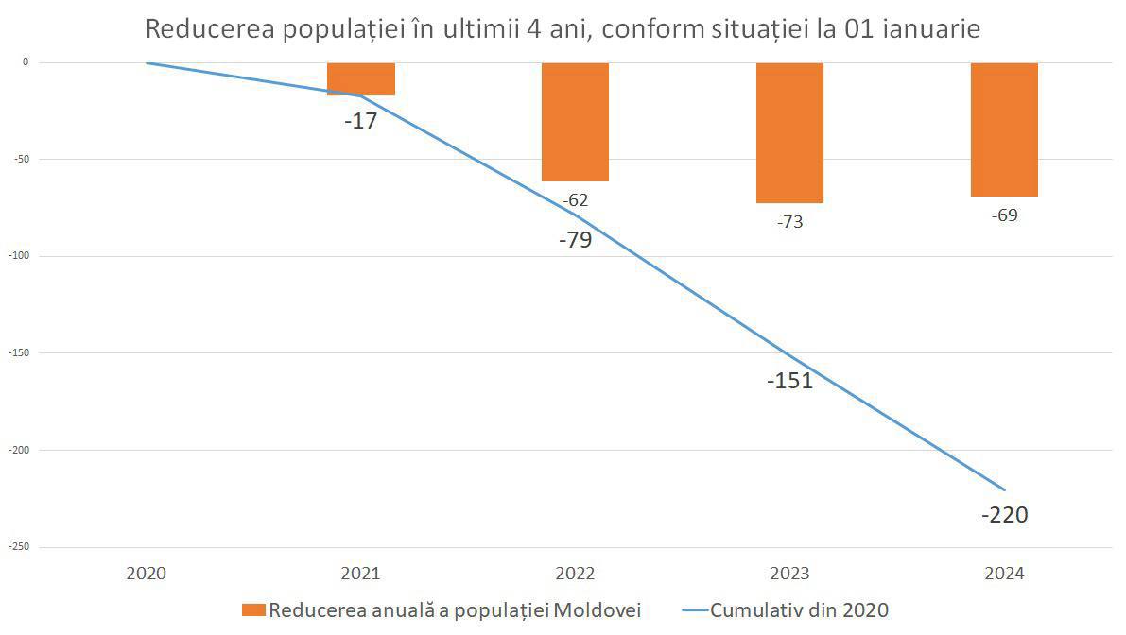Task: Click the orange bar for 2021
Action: click(x=361, y=79)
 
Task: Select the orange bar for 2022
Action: click(x=575, y=122)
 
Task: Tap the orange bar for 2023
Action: click(x=789, y=132)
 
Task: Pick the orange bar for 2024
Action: click(x=1004, y=129)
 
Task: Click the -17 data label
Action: click(x=360, y=121)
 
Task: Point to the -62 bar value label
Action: click(x=575, y=199)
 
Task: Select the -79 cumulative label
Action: click(x=575, y=239)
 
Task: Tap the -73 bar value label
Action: click(x=789, y=222)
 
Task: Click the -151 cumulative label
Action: click(x=789, y=381)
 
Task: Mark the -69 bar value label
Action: click(x=1004, y=215)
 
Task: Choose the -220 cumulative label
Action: click(x=1004, y=515)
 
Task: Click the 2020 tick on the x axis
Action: click(x=146, y=574)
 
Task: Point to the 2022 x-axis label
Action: click(x=575, y=574)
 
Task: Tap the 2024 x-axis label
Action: click(x=1004, y=574)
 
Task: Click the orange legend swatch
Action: click(x=253, y=610)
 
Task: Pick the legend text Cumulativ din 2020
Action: click(x=799, y=610)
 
